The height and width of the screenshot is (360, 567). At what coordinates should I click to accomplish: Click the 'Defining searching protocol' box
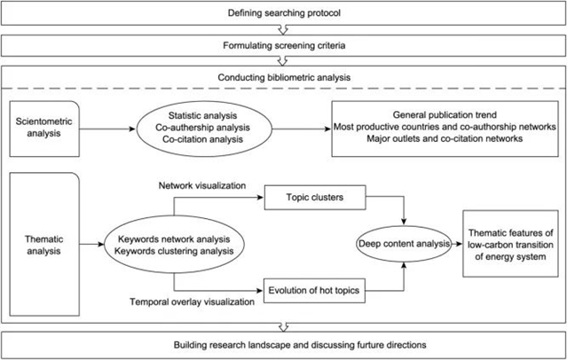pyautogui.click(x=283, y=12)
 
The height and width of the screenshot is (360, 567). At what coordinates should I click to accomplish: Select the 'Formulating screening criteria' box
pyautogui.click(x=283, y=42)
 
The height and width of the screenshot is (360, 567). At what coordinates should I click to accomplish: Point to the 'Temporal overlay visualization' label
pyautogui.click(x=204, y=301)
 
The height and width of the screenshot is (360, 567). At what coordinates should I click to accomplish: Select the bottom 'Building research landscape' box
pyautogui.click(x=283, y=343)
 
